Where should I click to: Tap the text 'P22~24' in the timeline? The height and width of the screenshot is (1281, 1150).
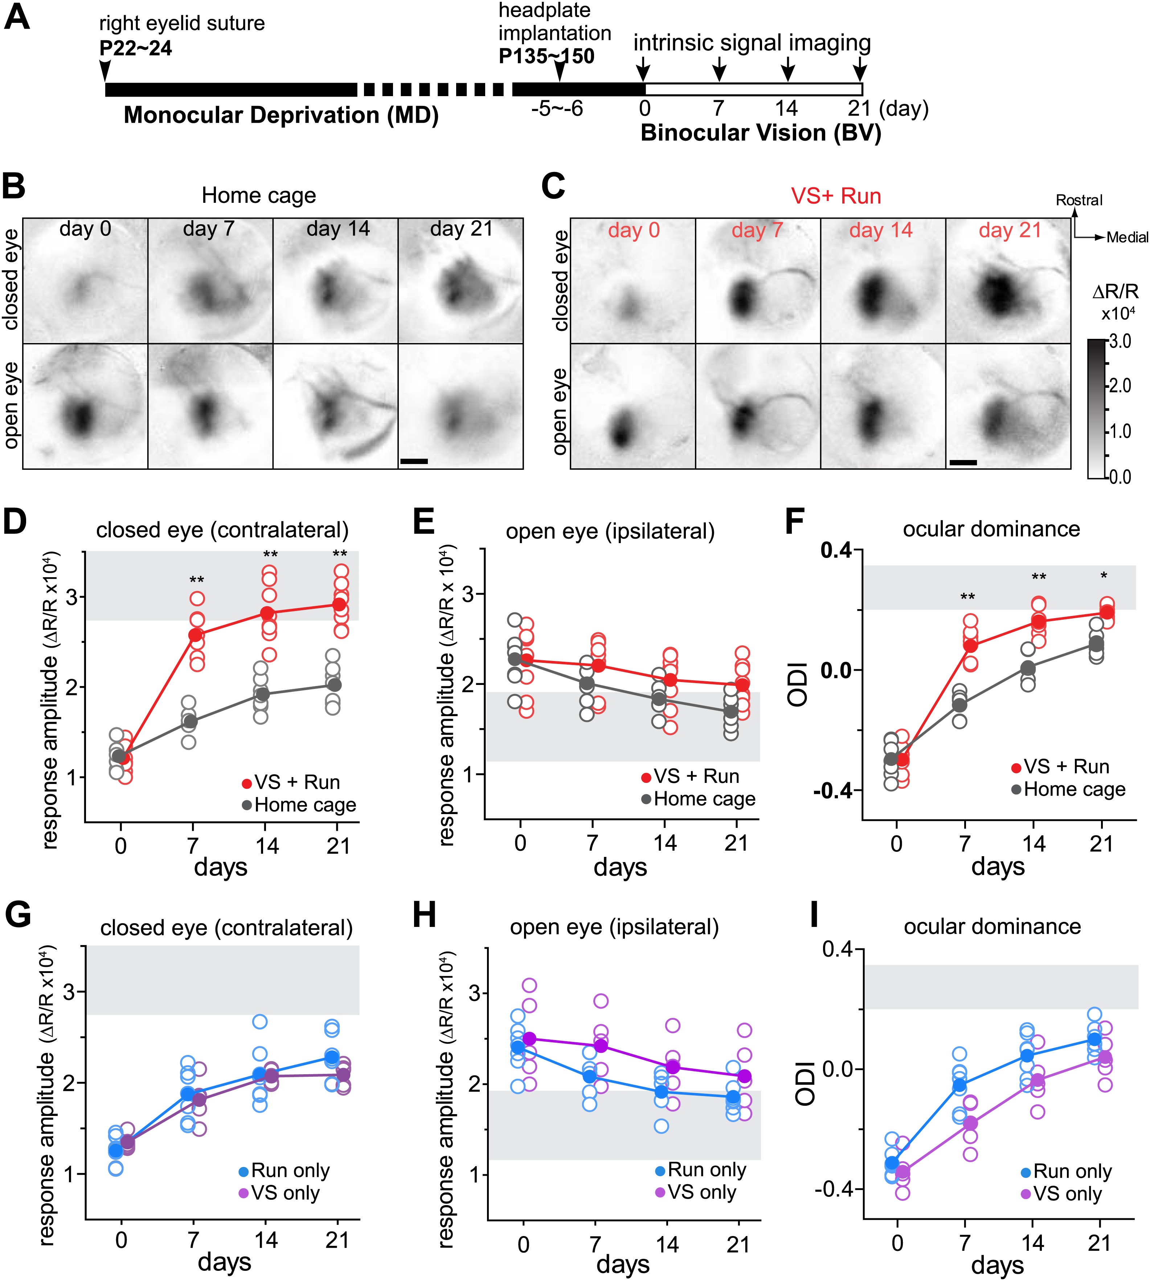tap(135, 49)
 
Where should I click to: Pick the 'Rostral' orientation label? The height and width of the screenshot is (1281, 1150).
tap(1079, 200)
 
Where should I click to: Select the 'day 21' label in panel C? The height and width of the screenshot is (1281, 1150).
tap(1010, 230)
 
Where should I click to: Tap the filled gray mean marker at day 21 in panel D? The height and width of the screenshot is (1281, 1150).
tap(335, 685)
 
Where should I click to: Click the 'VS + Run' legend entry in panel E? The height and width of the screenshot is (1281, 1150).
tap(695, 776)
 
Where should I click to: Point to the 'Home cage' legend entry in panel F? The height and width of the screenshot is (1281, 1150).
tap(1074, 789)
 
